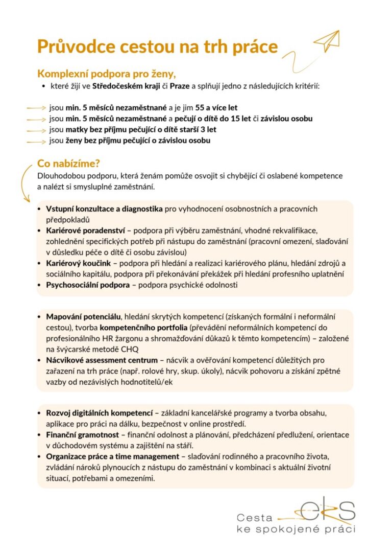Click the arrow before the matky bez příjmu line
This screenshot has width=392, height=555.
click(36, 130)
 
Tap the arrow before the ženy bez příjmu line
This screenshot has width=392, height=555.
click(36, 141)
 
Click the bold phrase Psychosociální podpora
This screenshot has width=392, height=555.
click(88, 285)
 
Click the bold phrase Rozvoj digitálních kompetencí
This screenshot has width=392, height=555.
click(99, 413)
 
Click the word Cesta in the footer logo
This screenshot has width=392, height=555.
click(254, 518)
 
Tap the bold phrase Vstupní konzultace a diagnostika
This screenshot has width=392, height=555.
click(105, 209)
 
